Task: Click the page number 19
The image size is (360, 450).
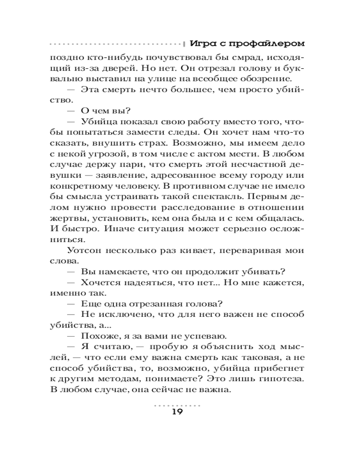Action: pos(177,413)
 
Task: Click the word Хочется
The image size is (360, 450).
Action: pos(99,285)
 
